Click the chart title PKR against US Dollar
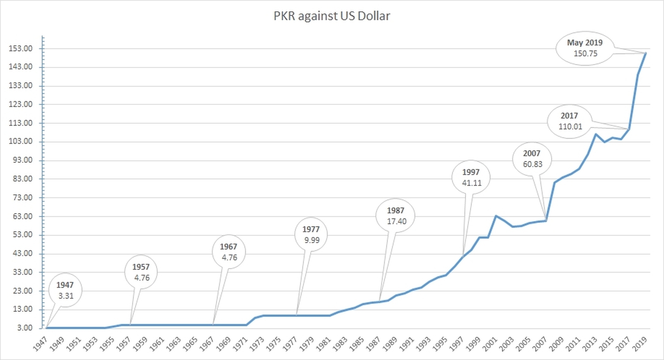point(332,16)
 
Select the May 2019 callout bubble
point(585,48)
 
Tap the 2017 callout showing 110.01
point(570,122)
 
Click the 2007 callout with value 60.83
point(532,159)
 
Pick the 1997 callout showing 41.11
point(471,178)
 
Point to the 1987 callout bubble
point(396,216)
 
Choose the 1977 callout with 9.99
point(311,235)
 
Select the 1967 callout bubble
point(229,252)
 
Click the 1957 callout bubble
point(142,272)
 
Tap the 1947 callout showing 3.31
point(65,290)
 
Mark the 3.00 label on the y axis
point(24,328)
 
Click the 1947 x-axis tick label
point(41,344)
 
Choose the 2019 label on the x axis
point(639,344)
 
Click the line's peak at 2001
point(496,216)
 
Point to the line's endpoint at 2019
point(646,53)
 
